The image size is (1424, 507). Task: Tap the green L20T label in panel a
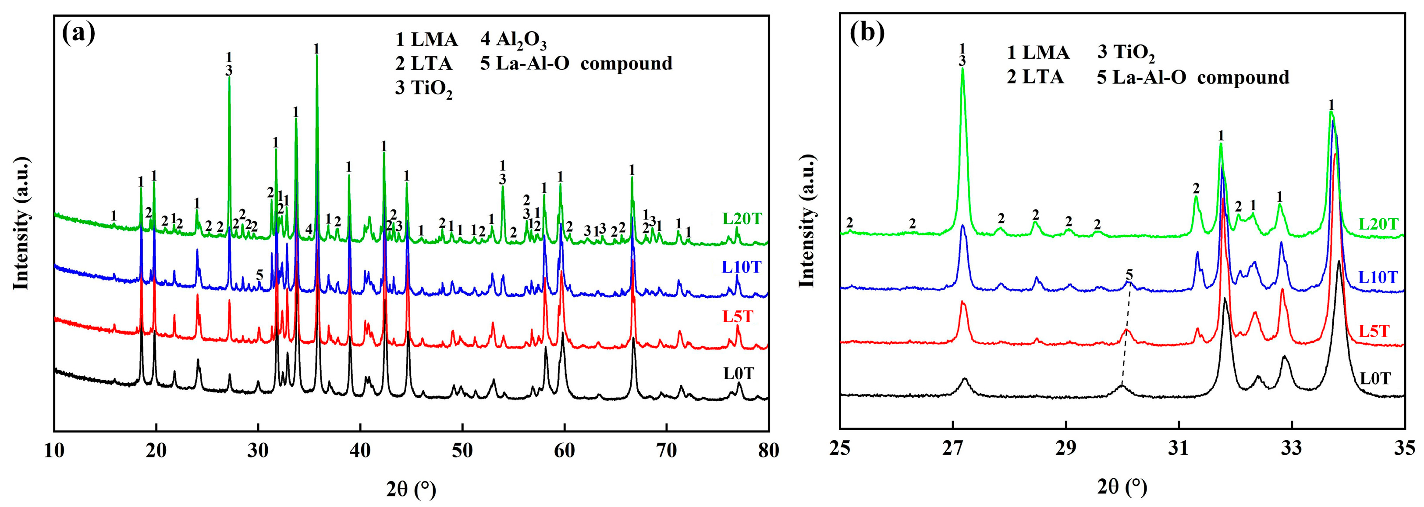pyautogui.click(x=742, y=219)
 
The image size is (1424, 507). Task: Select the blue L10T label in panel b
pyautogui.click(x=1378, y=277)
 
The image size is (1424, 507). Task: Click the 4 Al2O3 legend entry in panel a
pyautogui.click(x=513, y=40)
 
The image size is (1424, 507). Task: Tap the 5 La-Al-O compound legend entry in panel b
pyautogui.click(x=1193, y=78)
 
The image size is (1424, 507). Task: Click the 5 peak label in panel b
pyautogui.click(x=1129, y=274)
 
